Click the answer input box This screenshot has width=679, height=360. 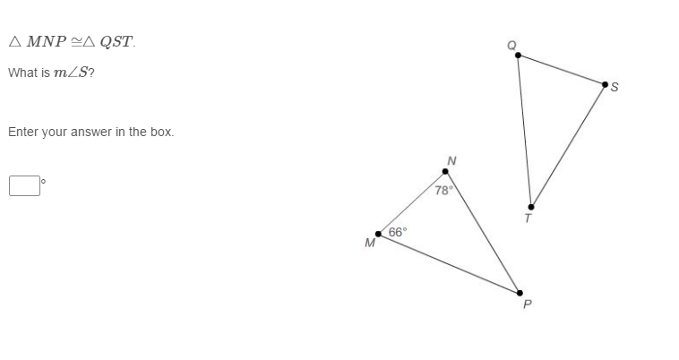click(x=25, y=185)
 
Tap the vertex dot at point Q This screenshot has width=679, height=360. click(x=518, y=56)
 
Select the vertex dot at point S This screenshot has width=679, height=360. click(x=606, y=84)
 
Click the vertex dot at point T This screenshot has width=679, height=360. click(x=531, y=207)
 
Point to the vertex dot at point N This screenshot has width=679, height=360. click(x=445, y=171)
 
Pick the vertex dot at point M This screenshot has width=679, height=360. click(x=378, y=234)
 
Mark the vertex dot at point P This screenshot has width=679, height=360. click(x=520, y=293)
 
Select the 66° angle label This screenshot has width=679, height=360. click(x=397, y=231)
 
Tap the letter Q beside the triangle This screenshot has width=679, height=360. click(x=511, y=45)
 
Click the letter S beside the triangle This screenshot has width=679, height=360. click(x=615, y=87)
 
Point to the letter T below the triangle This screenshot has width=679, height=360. click(x=528, y=218)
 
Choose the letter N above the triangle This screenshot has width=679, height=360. click(x=451, y=160)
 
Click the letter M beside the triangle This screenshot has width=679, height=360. click(x=369, y=243)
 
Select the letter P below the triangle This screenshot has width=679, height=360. click(x=527, y=304)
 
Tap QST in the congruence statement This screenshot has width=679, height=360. click(x=117, y=42)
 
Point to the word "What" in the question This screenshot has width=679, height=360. click(x=21, y=73)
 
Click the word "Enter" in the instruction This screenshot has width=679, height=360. click(x=22, y=132)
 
